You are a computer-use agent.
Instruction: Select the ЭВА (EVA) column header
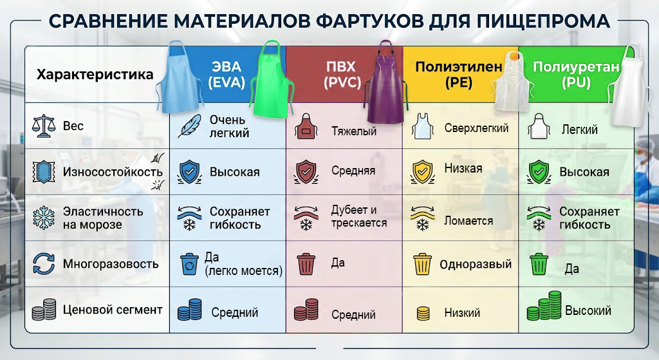(x=227, y=74)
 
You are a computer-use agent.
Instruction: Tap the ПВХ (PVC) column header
(x=342, y=74)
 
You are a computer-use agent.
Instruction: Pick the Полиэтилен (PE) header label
(x=458, y=74)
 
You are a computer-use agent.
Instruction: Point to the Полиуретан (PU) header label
(x=576, y=74)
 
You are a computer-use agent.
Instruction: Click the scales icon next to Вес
(x=44, y=126)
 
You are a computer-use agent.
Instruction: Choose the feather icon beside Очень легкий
(x=189, y=126)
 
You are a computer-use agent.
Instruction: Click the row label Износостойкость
(x=113, y=171)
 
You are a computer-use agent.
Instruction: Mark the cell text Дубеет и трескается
(x=359, y=216)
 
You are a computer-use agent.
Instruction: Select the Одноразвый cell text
(x=476, y=264)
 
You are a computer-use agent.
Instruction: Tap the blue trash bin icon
(x=189, y=263)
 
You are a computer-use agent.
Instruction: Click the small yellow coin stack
(x=423, y=314)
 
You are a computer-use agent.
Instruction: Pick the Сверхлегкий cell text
(x=477, y=128)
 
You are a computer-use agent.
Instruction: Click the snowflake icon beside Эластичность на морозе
(x=44, y=218)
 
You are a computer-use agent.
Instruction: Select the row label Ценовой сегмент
(x=113, y=310)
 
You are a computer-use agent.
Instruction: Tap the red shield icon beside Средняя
(x=306, y=171)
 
